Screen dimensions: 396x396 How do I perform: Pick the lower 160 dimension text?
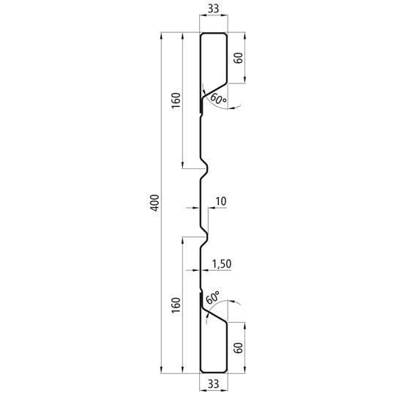pyautogui.click(x=174, y=306)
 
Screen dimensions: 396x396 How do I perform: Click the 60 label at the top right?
pyautogui.click(x=238, y=58)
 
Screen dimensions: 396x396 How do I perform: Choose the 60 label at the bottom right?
pyautogui.click(x=238, y=348)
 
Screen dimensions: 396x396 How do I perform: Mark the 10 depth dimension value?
pyautogui.click(x=222, y=201)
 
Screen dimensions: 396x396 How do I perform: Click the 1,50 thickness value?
pyautogui.click(x=221, y=263)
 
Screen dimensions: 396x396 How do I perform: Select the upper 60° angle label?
pyautogui.click(x=218, y=98)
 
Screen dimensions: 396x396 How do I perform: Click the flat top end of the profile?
pyautogui.click(x=213, y=33)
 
